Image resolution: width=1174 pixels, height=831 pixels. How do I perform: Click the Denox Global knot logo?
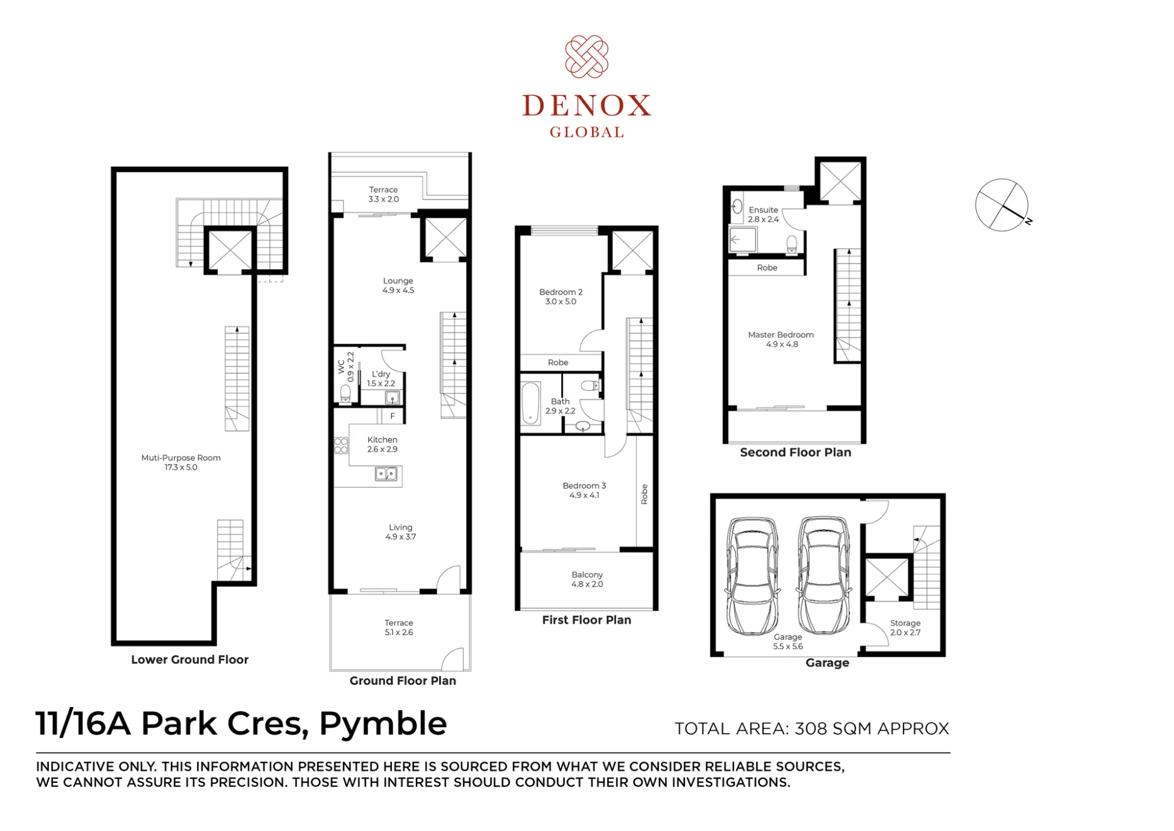(586, 56)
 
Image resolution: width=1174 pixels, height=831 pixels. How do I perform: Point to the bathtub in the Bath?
(531, 403)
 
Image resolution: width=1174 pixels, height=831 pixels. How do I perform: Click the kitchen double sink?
(386, 474)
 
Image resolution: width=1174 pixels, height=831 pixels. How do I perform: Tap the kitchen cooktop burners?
(341, 445)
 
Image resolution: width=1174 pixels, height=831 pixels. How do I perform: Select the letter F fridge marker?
(393, 416)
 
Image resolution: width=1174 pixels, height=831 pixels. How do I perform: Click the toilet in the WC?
(345, 393)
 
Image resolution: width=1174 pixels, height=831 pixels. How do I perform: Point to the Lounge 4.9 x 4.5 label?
(398, 285)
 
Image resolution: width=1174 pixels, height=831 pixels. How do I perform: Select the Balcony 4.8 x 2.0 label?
(587, 579)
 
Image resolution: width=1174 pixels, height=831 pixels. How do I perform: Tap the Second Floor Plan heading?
(795, 452)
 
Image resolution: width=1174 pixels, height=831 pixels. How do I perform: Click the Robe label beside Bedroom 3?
(645, 494)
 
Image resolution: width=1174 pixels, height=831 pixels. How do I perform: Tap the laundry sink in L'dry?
(392, 398)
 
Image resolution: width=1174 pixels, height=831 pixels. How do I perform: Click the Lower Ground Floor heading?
(190, 660)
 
